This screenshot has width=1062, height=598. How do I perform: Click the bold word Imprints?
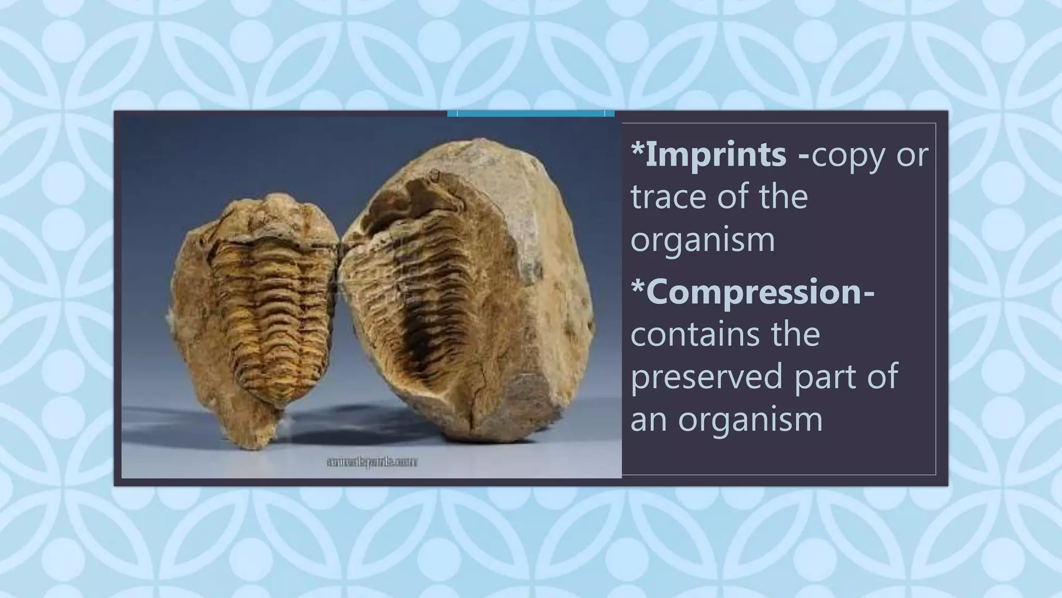[716, 154]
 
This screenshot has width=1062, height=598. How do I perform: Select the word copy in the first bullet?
[848, 154]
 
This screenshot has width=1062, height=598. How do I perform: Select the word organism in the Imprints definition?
[703, 240]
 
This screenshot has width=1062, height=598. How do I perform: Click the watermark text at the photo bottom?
[372, 461]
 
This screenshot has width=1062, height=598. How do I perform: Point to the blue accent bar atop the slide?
[530, 113]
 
